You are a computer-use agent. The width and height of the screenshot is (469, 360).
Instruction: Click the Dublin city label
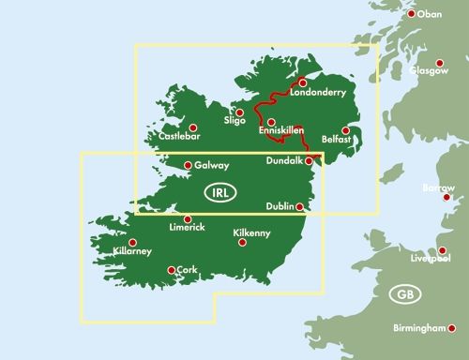pos(280,207)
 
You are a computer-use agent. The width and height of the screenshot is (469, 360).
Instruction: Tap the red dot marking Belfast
pos(346,130)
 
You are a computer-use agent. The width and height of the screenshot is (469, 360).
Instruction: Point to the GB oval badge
pos(404,294)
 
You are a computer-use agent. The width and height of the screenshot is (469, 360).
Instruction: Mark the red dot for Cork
pos(171,271)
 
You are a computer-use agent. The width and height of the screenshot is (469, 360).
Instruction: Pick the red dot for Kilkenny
pos(242,242)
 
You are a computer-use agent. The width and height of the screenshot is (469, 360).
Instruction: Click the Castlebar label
pos(182,139)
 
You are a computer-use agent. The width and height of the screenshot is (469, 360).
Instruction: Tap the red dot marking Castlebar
pos(194,127)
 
